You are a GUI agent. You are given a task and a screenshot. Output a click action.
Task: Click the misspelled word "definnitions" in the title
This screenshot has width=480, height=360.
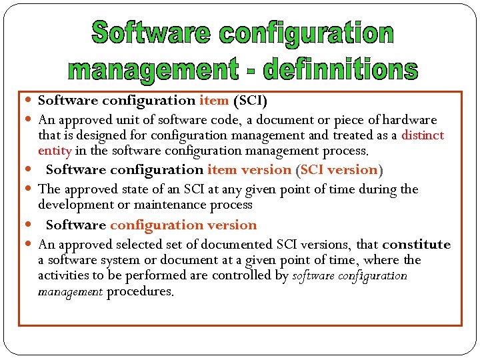[341, 68]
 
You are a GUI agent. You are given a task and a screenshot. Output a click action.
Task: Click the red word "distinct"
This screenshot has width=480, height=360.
[423, 135]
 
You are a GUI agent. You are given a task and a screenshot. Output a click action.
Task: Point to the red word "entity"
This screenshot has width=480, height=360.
[55, 151]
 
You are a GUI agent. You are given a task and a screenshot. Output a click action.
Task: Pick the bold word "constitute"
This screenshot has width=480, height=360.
[417, 245]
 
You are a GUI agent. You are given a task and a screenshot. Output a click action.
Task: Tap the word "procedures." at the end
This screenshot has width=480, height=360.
[139, 291]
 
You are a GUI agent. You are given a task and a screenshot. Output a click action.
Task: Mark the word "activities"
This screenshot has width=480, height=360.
[65, 276]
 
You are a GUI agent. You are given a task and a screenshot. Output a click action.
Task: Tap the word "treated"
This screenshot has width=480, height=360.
[352, 135]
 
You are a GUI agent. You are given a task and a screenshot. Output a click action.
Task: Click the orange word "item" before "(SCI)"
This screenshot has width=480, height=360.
[213, 101]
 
